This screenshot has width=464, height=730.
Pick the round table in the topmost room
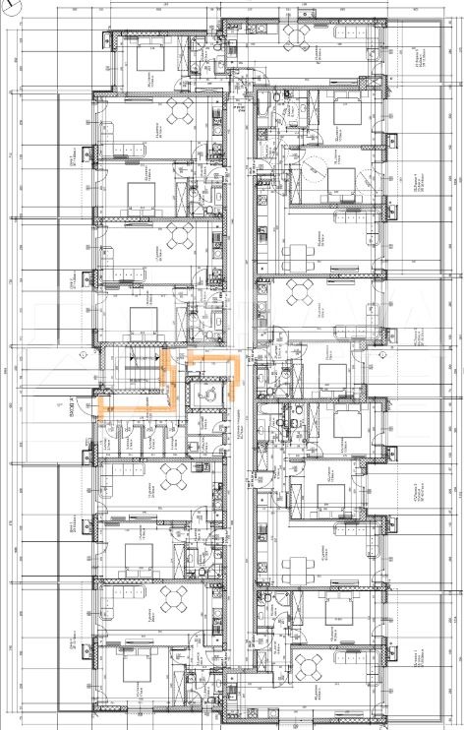(x=295, y=35)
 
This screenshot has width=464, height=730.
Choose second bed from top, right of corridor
(x=339, y=178)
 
